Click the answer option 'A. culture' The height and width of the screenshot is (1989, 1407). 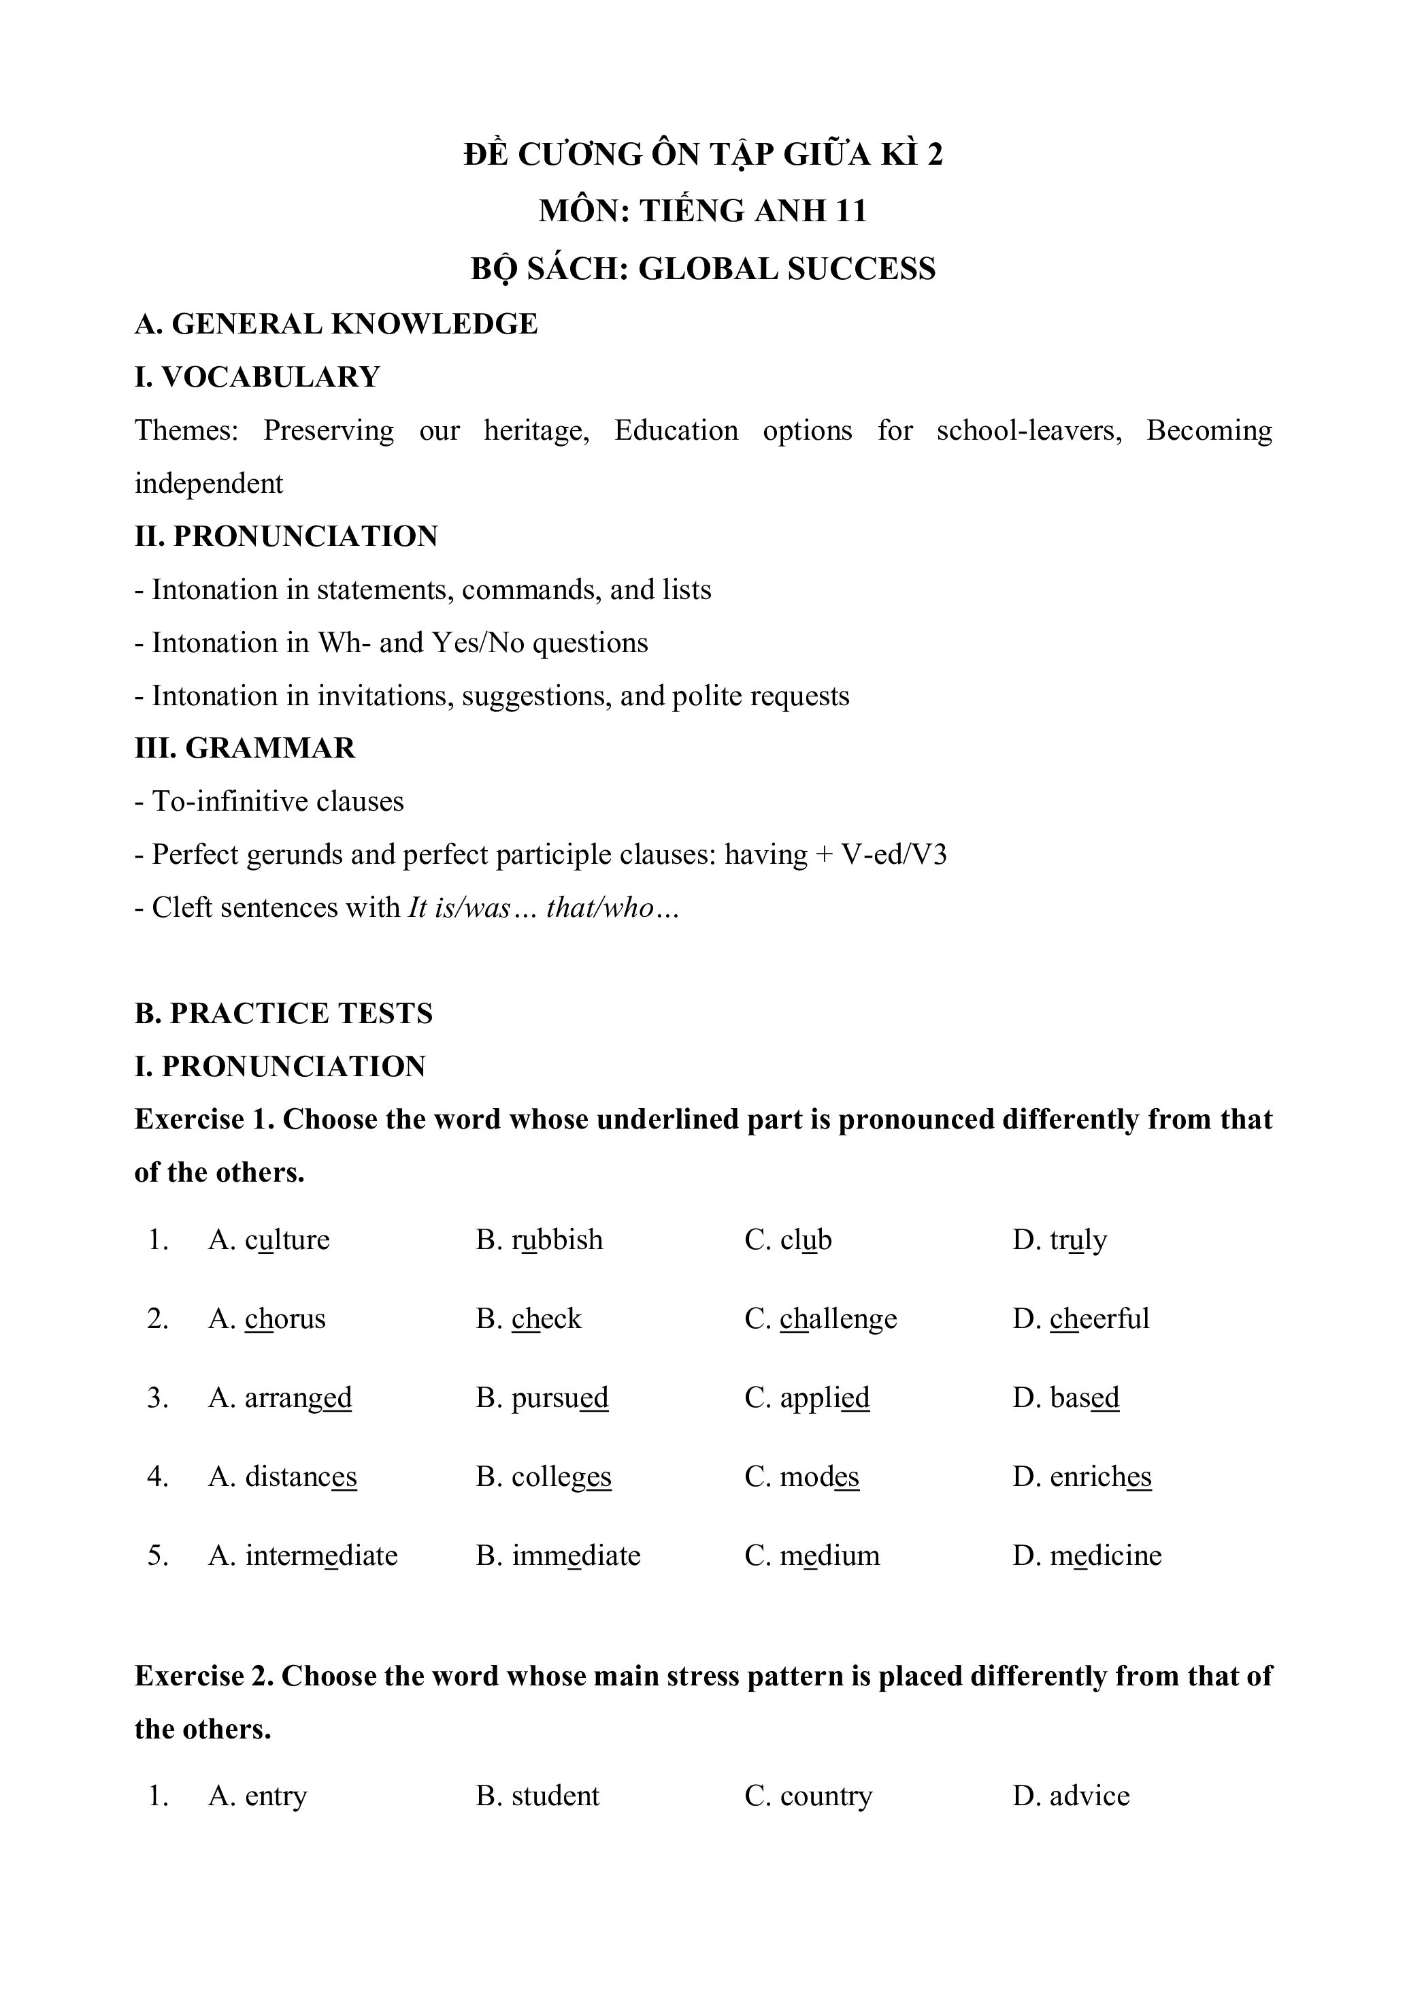[x=269, y=1240]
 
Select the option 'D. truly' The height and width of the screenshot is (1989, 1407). [x=1059, y=1240]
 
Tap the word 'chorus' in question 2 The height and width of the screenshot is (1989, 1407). [x=285, y=1319]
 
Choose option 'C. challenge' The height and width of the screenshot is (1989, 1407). [x=821, y=1319]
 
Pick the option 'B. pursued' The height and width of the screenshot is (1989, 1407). [x=542, y=1398]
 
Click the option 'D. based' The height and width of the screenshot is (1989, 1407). [x=1065, y=1398]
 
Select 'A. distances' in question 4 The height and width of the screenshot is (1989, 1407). [x=282, y=1477]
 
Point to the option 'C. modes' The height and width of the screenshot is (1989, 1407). [x=801, y=1477]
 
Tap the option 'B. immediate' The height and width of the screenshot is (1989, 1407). [x=558, y=1555]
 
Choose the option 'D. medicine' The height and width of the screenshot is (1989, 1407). [x=1087, y=1555]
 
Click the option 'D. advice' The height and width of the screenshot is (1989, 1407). [x=1071, y=1796]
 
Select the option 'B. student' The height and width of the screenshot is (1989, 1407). [x=537, y=1796]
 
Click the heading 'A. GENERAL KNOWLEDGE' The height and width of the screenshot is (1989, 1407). [x=336, y=324]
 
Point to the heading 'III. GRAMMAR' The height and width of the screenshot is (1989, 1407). [x=245, y=748]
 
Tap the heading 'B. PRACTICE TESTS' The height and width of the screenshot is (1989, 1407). [x=283, y=1013]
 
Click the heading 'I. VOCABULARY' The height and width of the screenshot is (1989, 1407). [x=257, y=377]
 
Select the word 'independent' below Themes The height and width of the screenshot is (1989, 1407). [x=209, y=483]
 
